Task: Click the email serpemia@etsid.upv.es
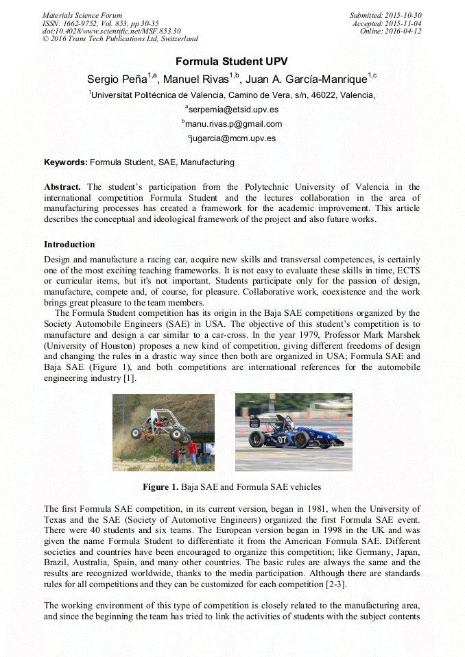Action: pyautogui.click(x=233, y=110)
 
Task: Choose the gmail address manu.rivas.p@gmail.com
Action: pyautogui.click(x=233, y=124)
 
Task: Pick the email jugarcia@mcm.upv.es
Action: pyautogui.click(x=233, y=138)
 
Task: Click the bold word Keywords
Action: pyautogui.click(x=65, y=163)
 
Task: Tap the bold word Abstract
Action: pyautogui.click(x=62, y=187)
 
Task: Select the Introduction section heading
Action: pyautogui.click(x=69, y=245)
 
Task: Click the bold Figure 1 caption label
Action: pyautogui.click(x=160, y=487)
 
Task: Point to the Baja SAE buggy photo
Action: pyautogui.click(x=163, y=432)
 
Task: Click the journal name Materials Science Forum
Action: pyautogui.click(x=82, y=15)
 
